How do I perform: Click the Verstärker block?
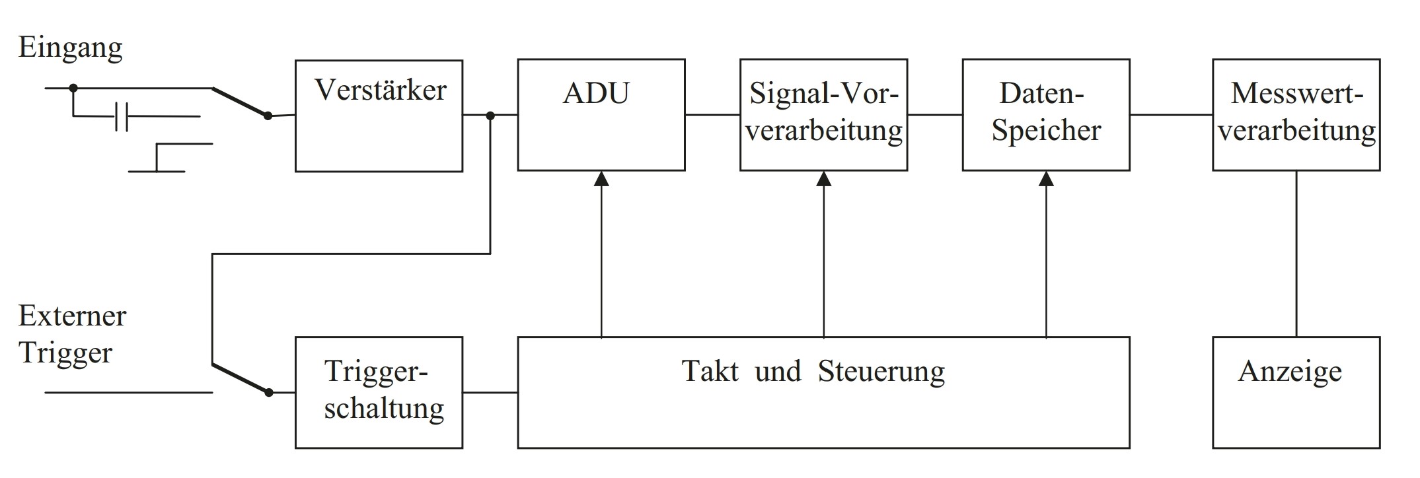point(379,116)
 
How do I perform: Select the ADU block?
point(601,115)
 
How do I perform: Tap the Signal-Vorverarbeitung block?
point(823,115)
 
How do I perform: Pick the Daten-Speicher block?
point(1045,115)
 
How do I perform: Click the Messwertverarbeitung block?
point(1296,115)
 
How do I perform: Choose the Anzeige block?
point(1296,392)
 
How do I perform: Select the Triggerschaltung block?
point(379,392)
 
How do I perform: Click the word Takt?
point(710,371)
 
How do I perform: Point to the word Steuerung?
point(881,371)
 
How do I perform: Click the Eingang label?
point(71,48)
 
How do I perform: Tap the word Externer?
point(72,316)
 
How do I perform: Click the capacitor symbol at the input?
point(121,117)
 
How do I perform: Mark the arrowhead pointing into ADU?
point(601,179)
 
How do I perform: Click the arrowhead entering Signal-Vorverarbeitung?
point(823,179)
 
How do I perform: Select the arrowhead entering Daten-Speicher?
point(1046,179)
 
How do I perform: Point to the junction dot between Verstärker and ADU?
point(490,116)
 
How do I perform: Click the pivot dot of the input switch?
point(268,116)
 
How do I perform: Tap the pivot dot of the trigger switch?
point(268,392)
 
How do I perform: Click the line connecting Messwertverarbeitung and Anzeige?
point(1296,254)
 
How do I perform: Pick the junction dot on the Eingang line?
point(73,88)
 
